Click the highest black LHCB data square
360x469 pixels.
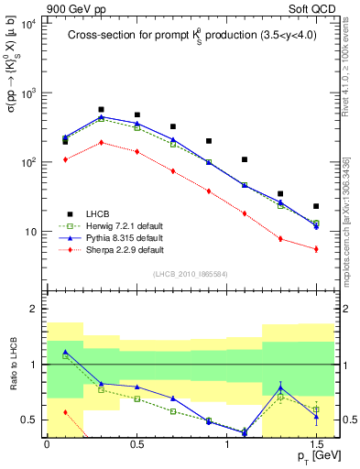pos(101,109)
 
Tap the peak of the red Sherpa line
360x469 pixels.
pos(101,142)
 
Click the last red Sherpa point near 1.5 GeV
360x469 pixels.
pos(316,249)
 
